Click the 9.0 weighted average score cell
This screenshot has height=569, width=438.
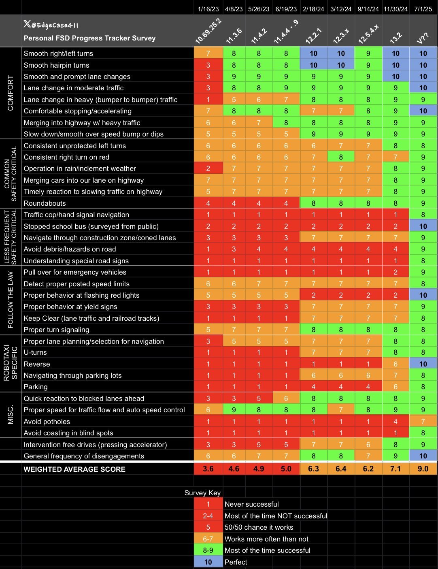coord(423,469)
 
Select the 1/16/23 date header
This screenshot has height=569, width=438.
coord(208,9)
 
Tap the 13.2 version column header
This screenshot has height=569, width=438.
coord(395,36)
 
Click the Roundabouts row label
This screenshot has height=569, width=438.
coord(45,203)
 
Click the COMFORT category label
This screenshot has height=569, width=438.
coord(11,93)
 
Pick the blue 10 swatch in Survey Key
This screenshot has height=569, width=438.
coord(208,562)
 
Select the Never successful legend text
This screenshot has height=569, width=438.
coord(251,504)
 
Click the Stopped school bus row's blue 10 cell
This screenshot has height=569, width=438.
coord(423,226)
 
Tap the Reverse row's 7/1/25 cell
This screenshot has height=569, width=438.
coord(423,364)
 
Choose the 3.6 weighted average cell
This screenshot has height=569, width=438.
coord(208,469)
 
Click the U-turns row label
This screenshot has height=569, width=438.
coord(35,352)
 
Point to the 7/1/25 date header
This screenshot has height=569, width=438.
coord(423,9)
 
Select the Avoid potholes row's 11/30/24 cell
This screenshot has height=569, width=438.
coord(395,422)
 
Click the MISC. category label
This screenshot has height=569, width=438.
coord(11,415)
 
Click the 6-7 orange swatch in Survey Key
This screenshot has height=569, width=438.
coord(208,539)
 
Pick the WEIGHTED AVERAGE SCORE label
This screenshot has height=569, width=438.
coord(74,469)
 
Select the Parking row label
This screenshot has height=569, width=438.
coord(36,387)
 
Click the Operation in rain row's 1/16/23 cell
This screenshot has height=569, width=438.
coord(208,168)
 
